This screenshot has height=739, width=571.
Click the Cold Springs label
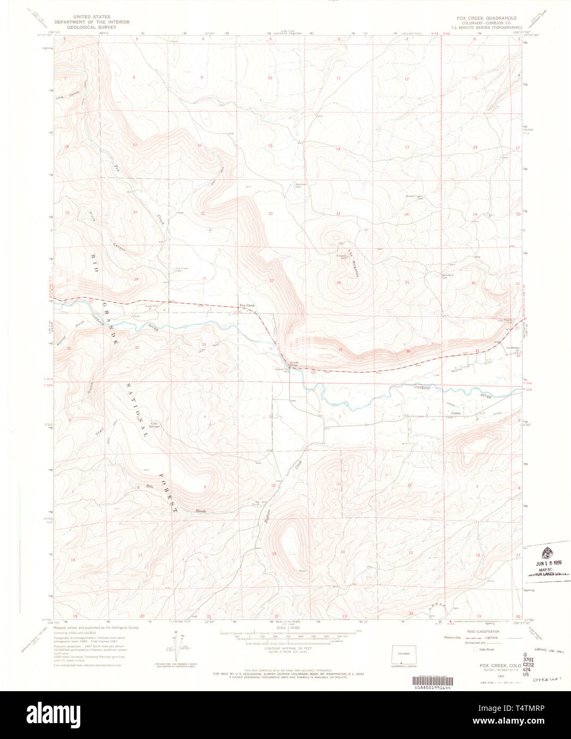pyautogui.click(x=154, y=425)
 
